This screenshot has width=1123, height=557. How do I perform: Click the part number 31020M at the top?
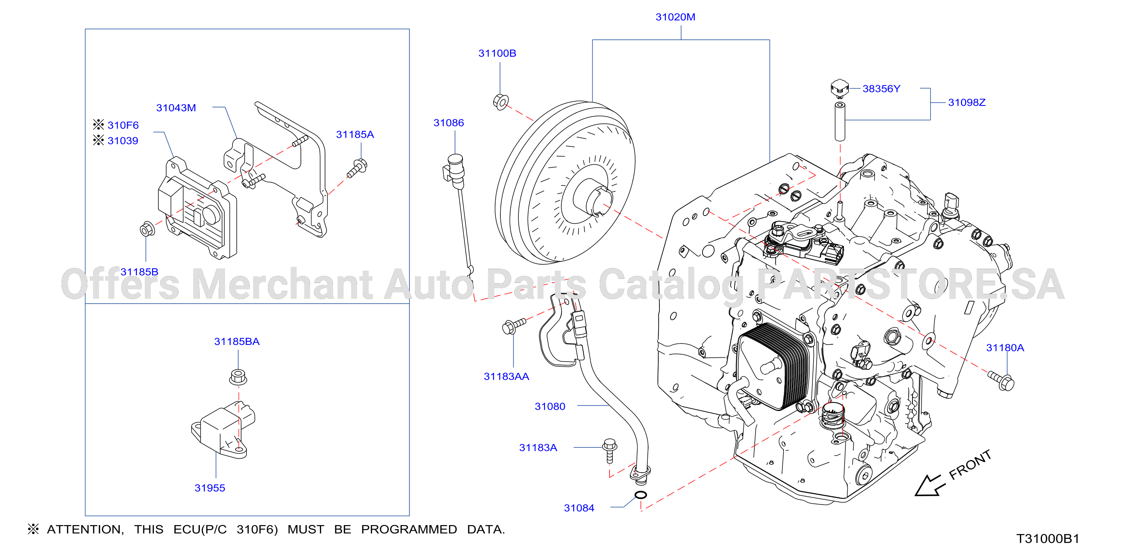(675, 17)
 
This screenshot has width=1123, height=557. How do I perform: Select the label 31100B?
(497, 53)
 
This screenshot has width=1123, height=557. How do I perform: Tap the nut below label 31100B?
(501, 102)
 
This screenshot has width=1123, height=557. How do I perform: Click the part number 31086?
(449, 123)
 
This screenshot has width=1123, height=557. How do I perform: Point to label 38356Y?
(881, 89)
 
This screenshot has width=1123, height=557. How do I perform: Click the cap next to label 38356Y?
(839, 88)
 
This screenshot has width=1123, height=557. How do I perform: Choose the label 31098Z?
(967, 102)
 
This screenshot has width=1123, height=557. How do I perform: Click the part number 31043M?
(176, 108)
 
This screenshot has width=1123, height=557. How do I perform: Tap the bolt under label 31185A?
(357, 169)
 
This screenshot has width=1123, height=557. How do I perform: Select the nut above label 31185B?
(147, 229)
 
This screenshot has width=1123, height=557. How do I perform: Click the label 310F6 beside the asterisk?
(123, 125)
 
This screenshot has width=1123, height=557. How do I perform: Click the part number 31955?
(210, 488)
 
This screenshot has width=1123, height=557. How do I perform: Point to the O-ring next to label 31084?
(640, 495)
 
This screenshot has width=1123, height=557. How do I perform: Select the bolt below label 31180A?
(1001, 381)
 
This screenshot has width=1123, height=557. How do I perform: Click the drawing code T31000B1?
(1048, 539)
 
